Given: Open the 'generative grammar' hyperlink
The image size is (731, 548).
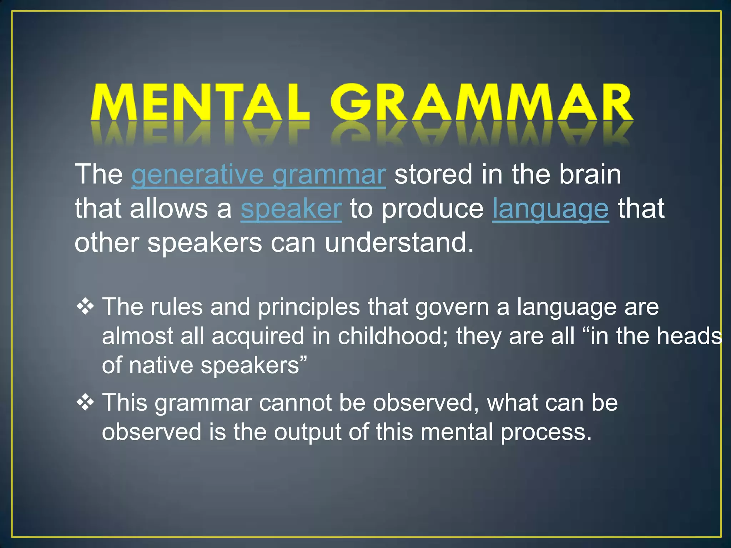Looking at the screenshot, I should (x=258, y=175).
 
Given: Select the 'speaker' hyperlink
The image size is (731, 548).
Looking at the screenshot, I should (x=291, y=209).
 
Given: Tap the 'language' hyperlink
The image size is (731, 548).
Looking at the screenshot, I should (x=550, y=209).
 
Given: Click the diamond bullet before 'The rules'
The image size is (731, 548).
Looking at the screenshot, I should (x=85, y=307).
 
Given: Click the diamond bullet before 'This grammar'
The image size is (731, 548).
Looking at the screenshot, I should (x=85, y=403).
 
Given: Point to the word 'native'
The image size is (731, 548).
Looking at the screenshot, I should (x=160, y=366).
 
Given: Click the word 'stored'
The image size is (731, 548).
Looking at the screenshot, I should (x=433, y=175).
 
